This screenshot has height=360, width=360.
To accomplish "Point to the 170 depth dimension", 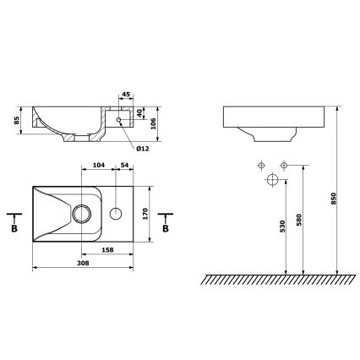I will [x=146, y=214].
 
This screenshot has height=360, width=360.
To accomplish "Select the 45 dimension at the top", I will [x=125, y=95].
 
